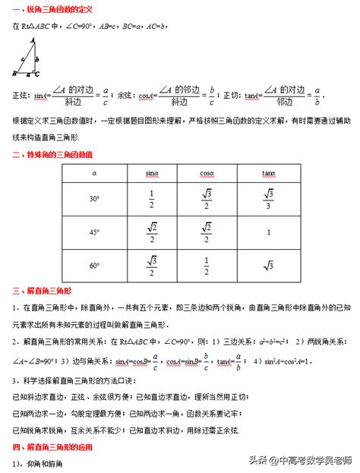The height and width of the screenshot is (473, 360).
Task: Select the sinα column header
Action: coord(151,174)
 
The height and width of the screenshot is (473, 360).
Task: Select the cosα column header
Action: coord(206,174)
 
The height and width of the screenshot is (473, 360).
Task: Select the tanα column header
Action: coord(267,174)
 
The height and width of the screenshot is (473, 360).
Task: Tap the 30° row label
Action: coord(93,198)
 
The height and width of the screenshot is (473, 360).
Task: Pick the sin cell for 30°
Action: coord(151,198)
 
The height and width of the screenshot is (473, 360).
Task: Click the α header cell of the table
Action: coord(93,174)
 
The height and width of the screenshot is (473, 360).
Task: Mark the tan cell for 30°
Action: coord(267,198)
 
